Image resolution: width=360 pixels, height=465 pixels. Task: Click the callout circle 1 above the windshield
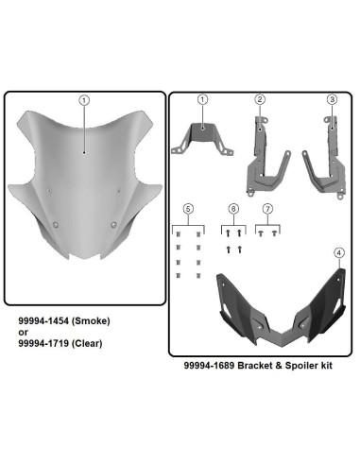84,99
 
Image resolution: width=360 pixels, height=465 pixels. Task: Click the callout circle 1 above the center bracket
202,99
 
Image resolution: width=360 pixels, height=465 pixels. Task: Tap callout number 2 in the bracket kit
260,99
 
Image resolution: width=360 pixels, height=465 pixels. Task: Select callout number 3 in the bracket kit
332,99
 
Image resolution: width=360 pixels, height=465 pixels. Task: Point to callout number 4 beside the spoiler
338,252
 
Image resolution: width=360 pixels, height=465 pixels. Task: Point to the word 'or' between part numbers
25,332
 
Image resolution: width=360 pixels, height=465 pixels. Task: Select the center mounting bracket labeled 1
202,138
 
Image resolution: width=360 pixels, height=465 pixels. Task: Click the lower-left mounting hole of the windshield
58,224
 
